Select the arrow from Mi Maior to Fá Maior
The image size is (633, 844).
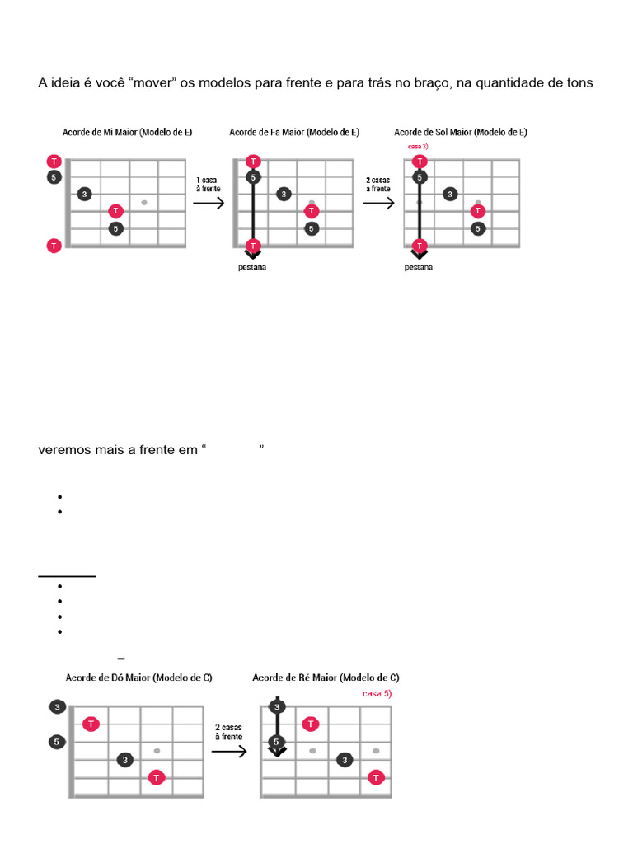click(x=209, y=203)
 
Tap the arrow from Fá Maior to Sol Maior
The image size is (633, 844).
click(x=378, y=203)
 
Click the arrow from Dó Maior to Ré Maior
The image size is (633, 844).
click(x=230, y=751)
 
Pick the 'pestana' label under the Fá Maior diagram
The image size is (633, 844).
click(x=253, y=268)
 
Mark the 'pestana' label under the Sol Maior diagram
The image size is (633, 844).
click(x=420, y=268)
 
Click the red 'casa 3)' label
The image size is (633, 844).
click(x=418, y=146)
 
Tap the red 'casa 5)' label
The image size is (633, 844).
click(x=377, y=694)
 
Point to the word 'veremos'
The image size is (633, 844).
click(x=63, y=450)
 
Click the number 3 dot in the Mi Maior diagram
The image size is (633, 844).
click(x=84, y=195)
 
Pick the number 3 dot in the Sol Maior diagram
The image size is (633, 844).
click(x=449, y=195)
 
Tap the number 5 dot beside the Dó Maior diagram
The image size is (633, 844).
click(x=56, y=742)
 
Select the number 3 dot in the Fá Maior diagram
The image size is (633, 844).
click(x=284, y=195)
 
